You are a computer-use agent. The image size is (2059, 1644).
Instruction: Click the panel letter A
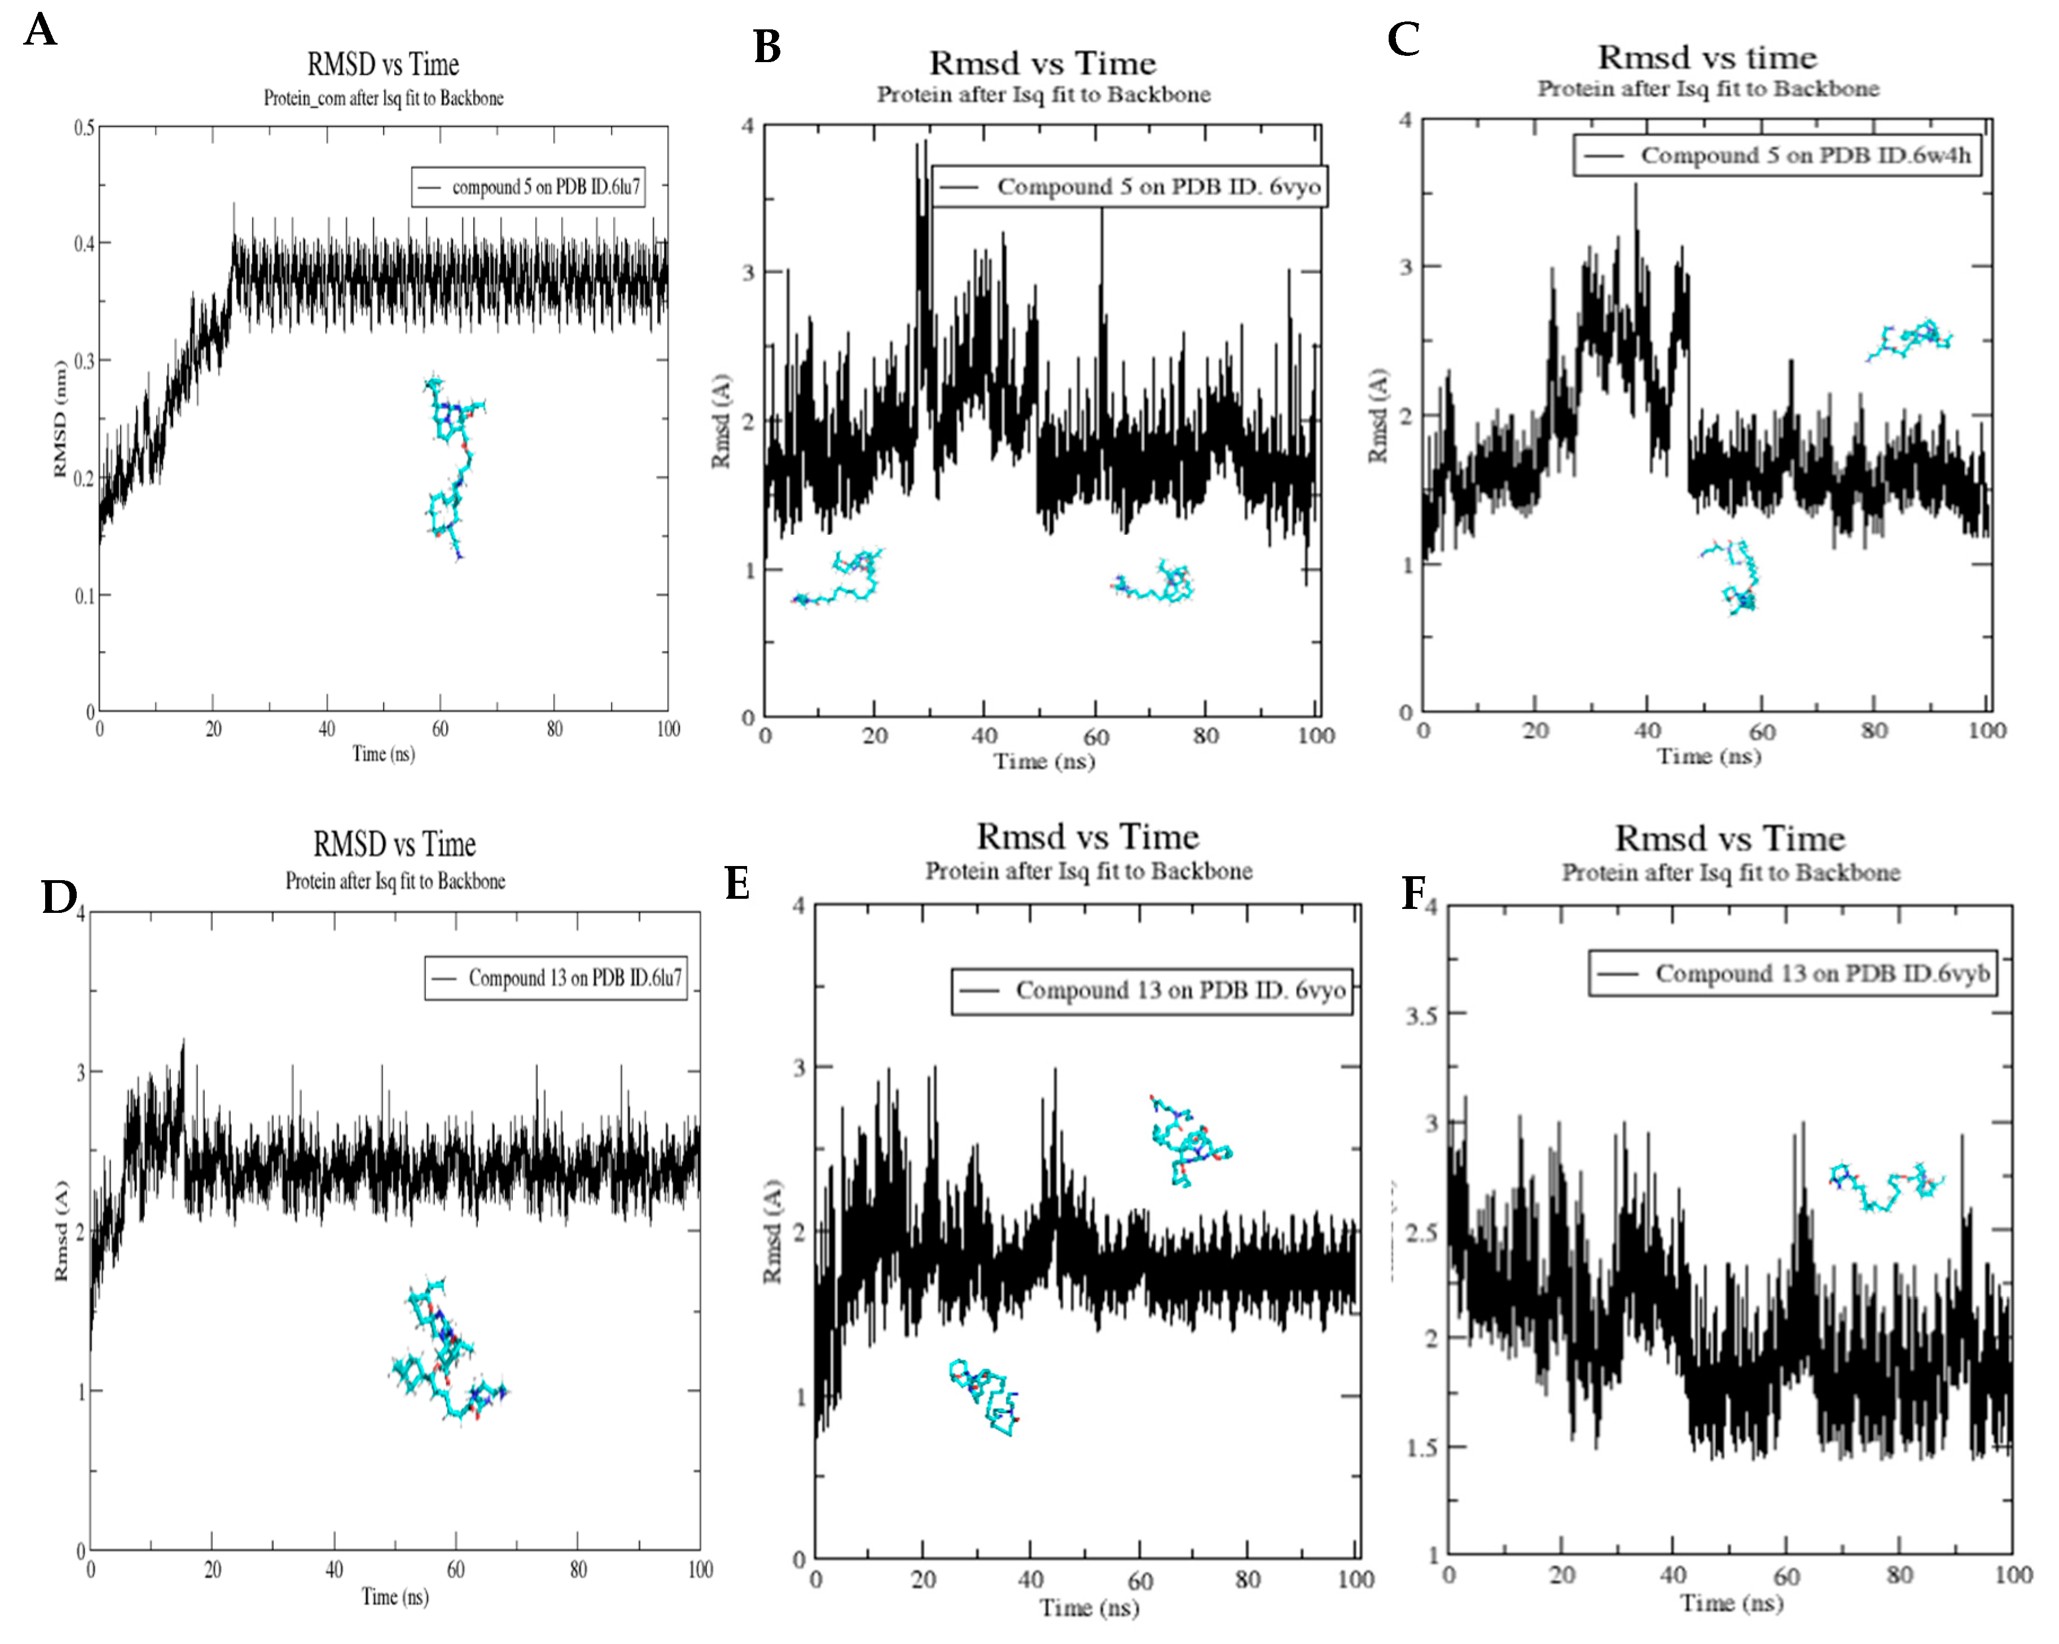click(x=40, y=29)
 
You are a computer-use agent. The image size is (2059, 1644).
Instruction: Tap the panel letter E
click(x=736, y=882)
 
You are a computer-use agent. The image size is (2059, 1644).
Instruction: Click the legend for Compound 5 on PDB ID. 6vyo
click(x=1129, y=186)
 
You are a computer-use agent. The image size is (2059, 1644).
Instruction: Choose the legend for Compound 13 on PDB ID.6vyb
click(x=1793, y=973)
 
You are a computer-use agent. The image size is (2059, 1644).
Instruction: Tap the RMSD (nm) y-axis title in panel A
click(x=61, y=418)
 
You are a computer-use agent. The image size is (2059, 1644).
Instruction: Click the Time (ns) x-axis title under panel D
click(x=394, y=1596)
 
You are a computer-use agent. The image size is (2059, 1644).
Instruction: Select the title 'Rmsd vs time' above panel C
click(x=1707, y=58)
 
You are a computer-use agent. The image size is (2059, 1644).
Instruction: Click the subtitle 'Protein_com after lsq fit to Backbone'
click(x=383, y=98)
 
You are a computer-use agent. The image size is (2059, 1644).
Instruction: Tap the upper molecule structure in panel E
click(x=1188, y=1140)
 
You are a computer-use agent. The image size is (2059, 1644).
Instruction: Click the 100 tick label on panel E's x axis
click(x=1354, y=1579)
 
